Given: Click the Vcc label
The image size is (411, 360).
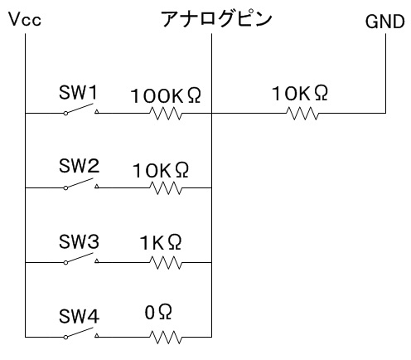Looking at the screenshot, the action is (x=25, y=19).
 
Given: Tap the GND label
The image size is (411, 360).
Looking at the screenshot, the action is (x=385, y=22).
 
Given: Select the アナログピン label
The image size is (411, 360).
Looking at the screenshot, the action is (x=216, y=19).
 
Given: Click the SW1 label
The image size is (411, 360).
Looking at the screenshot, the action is (x=78, y=93).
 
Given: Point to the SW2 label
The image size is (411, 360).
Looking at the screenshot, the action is (x=79, y=166).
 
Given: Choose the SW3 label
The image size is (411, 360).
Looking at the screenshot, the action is (x=79, y=241).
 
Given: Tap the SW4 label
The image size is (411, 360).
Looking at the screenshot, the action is (x=79, y=316).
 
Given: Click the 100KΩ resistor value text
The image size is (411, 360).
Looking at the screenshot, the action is (x=166, y=95).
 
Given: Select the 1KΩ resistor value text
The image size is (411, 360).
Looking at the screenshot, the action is (x=161, y=242).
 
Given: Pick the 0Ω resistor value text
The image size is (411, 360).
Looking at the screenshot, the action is (x=158, y=312).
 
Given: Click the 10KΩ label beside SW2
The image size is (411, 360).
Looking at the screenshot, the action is (x=161, y=170).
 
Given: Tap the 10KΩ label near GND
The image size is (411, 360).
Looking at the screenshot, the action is (x=300, y=93).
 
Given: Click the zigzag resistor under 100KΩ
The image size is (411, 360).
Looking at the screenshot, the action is (x=166, y=114).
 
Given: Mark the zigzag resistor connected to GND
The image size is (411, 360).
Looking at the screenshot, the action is (x=302, y=114).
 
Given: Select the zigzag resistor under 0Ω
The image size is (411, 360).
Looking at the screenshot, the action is (x=166, y=338).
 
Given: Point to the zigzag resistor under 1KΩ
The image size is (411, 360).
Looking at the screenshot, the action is (x=166, y=263).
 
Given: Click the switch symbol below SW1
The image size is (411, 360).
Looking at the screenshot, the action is (x=81, y=109).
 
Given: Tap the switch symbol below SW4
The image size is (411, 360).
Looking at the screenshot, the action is (x=81, y=333).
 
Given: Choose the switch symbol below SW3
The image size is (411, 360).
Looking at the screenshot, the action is (x=81, y=259).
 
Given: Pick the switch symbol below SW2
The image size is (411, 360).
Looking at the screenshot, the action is (x=81, y=184).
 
